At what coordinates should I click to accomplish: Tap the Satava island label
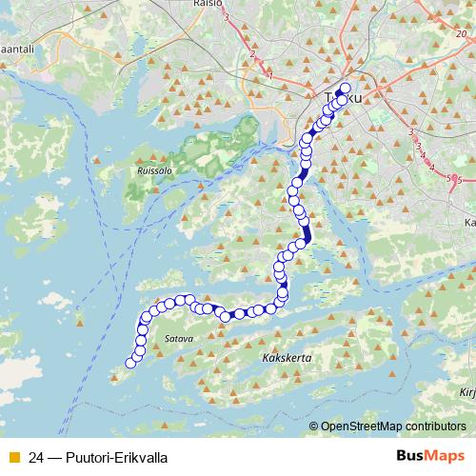click(178, 338)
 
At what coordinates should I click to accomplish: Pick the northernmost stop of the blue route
click(345, 89)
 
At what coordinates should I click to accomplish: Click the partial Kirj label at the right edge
click(466, 391)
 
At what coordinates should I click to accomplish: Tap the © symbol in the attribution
click(314, 427)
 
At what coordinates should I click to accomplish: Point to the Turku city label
click(330, 99)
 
